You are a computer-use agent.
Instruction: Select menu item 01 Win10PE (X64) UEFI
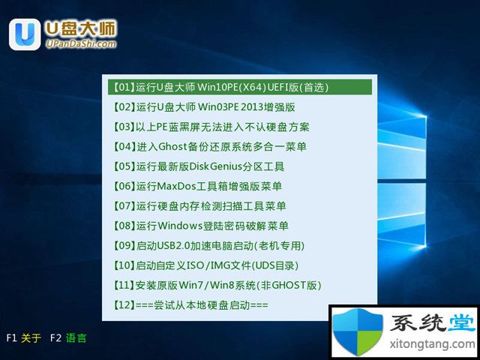[x=221, y=87]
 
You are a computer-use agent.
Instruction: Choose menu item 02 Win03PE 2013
[x=204, y=107]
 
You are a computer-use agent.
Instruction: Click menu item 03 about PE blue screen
[x=211, y=127]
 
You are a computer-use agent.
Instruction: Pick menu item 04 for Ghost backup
[x=210, y=147]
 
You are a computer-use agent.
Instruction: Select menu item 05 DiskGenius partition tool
[x=199, y=166]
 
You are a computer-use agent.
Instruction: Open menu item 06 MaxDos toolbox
[x=197, y=186]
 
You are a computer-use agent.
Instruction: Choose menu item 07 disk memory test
[x=199, y=206]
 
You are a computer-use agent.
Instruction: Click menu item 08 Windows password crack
[x=201, y=226]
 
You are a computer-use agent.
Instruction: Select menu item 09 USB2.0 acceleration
[x=209, y=245]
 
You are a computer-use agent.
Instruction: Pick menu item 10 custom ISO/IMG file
[x=206, y=265]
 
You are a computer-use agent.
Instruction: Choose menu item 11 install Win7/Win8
[x=217, y=285]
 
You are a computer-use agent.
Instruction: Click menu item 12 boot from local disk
[x=190, y=305]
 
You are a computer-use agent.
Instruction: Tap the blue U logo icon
[x=25, y=34]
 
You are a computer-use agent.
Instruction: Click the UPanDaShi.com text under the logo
[x=82, y=44]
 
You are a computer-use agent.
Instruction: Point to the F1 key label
[x=11, y=338]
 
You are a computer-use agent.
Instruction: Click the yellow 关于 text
[x=31, y=338]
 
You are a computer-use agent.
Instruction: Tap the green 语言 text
[x=76, y=338]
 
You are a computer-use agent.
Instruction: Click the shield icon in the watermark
[x=358, y=331]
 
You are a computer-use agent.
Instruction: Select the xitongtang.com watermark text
[x=433, y=343]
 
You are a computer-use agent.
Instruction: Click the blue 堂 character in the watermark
[x=462, y=323]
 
